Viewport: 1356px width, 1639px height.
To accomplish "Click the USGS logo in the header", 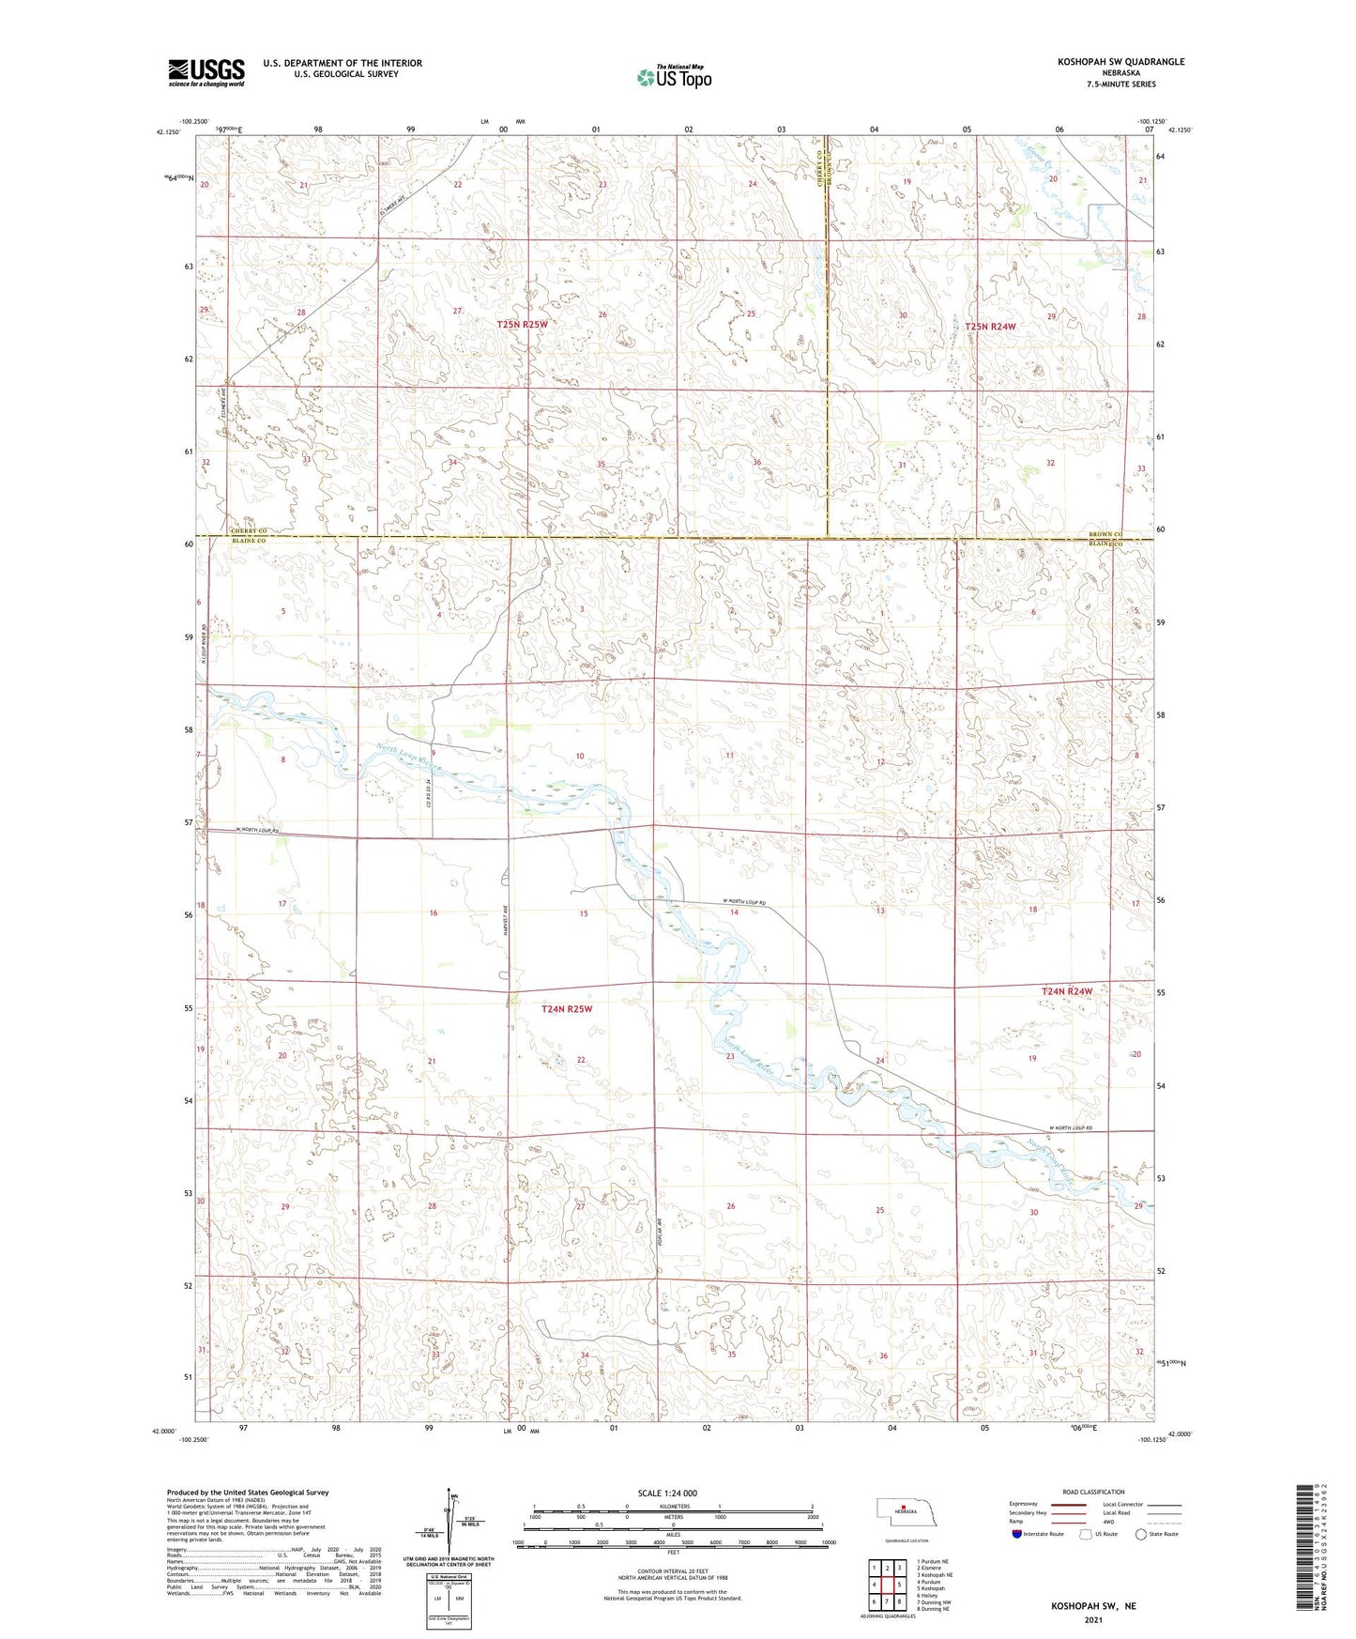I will click(206, 72).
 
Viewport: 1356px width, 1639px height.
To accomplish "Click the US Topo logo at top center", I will click(673, 77).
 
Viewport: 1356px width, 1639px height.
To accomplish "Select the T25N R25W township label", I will click(522, 324).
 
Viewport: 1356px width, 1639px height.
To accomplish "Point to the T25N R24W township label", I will click(990, 326).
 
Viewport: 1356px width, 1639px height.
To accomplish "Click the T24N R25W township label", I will click(567, 1008).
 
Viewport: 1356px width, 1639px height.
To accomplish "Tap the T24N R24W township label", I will click(1067, 991).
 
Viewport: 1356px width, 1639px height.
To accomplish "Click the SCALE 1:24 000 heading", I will click(666, 1493).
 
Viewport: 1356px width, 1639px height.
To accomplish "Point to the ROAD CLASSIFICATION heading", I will click(1093, 1492).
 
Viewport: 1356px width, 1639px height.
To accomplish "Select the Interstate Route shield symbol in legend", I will click(1017, 1534).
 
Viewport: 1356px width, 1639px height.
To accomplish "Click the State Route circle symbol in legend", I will click(1141, 1534).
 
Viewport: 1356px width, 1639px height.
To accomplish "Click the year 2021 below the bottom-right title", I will click(1092, 1620).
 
